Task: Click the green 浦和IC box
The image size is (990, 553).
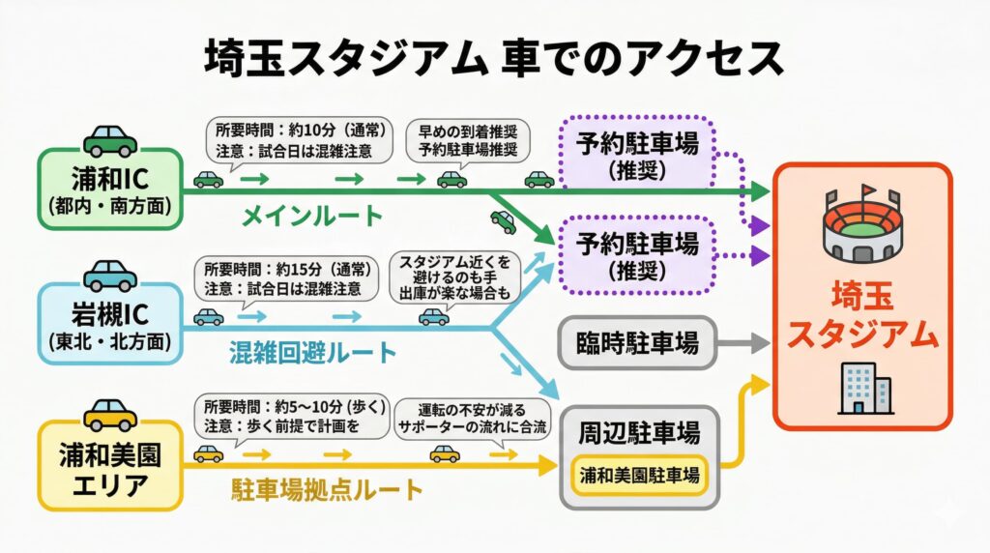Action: coord(108,189)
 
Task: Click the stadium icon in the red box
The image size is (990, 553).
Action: coord(862,225)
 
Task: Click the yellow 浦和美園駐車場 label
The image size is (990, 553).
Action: coord(640,475)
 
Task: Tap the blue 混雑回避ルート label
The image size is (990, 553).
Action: coord(313,352)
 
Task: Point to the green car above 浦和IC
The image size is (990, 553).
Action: coord(110,140)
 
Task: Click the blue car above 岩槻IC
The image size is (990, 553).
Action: coord(110,276)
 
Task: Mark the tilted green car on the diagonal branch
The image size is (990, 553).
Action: coord(504,220)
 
